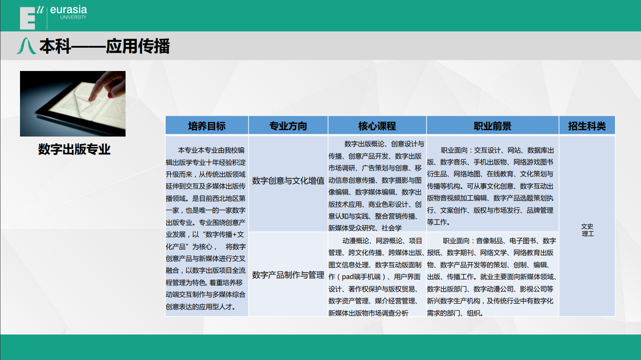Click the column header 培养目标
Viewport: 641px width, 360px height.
[207, 126]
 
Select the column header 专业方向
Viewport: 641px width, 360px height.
[288, 126]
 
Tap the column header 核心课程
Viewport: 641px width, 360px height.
[377, 126]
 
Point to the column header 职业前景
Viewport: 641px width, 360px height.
[492, 126]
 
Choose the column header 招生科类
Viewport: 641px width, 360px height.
[586, 126]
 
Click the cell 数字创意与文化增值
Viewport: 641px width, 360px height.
[288, 181]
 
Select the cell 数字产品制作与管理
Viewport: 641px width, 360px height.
[288, 275]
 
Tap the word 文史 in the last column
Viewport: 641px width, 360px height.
[587, 226]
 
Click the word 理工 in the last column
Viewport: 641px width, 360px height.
[588, 234]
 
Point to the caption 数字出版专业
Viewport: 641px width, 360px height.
[74, 149]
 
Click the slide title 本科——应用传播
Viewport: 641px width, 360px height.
[105, 46]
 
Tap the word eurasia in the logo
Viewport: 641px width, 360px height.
[68, 10]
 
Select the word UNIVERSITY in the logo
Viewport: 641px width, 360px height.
[73, 17]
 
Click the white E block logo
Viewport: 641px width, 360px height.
[27, 18]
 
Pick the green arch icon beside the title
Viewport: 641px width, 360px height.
[26, 46]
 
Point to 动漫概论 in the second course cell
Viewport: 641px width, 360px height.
[355, 241]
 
